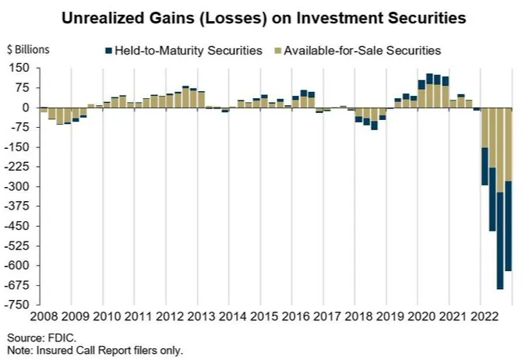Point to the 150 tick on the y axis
coord(19,69)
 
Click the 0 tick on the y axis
coord(26,108)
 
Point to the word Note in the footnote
coord(19,350)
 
